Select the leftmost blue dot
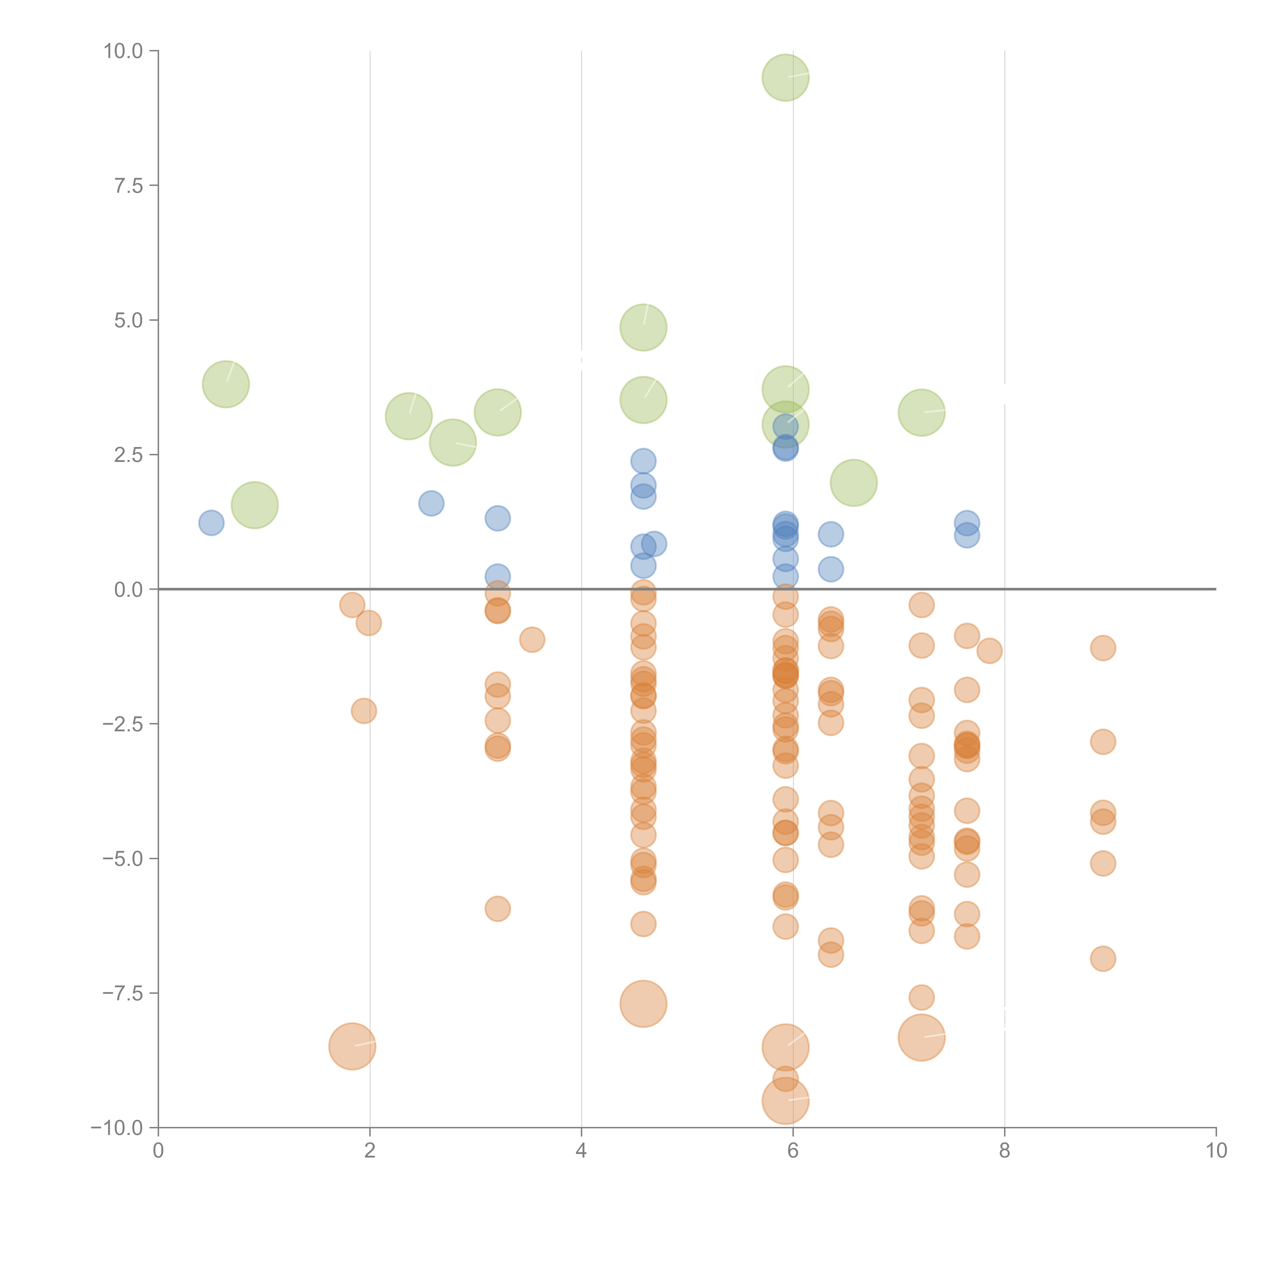tap(211, 523)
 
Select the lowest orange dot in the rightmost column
tap(1102, 959)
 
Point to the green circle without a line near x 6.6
tap(853, 483)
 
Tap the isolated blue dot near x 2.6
tap(431, 503)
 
